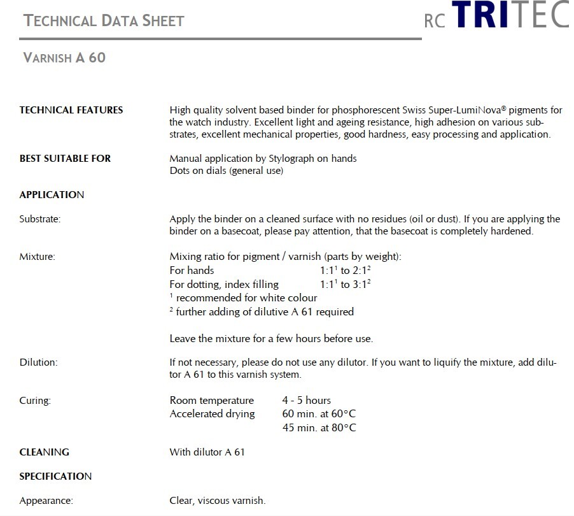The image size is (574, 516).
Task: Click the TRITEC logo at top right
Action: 496,16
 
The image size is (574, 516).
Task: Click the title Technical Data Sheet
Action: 104,20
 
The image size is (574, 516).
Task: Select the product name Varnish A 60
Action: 64,58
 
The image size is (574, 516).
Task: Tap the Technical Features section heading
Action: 71,110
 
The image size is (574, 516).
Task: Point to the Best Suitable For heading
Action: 65,159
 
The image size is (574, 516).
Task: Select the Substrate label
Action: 40,219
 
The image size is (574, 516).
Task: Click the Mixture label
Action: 37,257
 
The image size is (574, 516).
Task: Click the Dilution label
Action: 38,362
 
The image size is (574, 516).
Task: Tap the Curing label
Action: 35,401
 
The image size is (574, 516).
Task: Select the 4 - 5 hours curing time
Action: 307,401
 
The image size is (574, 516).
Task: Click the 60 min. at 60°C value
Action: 319,414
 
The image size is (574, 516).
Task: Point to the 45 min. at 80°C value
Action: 319,428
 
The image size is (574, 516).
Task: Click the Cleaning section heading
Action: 45,452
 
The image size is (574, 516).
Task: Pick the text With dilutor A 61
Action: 207,452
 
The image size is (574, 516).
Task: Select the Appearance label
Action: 46,501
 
